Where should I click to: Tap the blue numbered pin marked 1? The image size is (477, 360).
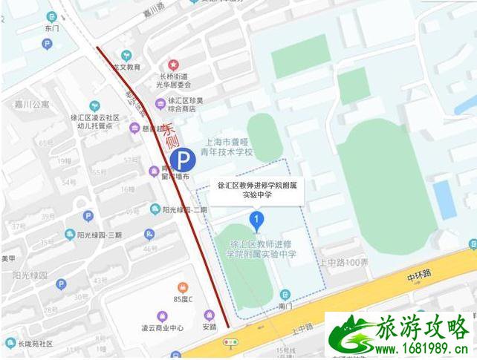click(256, 220)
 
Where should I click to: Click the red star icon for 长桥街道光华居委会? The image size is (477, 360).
click(173, 65)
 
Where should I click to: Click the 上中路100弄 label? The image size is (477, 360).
click(344, 262)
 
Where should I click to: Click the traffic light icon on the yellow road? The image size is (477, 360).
click(232, 342)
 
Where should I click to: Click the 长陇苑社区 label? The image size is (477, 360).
click(30, 344)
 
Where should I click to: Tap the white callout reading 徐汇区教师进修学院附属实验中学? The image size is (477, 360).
click(256, 190)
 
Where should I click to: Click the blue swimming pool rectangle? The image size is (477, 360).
click(444, 200)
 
